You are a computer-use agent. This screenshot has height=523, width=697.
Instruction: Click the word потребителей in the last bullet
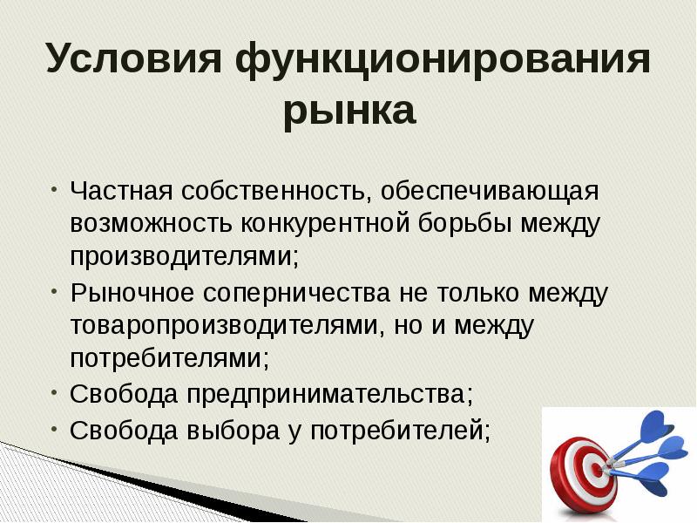(402, 429)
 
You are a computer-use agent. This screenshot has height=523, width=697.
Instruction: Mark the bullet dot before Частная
(54, 187)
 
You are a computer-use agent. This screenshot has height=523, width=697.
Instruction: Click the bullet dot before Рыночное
(54, 289)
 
